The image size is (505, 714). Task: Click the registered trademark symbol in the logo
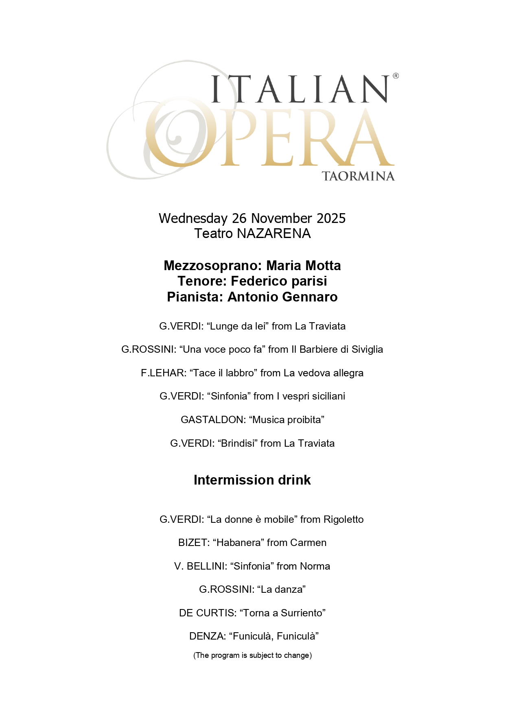(x=396, y=76)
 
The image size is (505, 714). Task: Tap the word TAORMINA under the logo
(x=358, y=176)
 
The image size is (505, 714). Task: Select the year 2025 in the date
(x=331, y=218)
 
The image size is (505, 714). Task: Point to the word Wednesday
(x=193, y=218)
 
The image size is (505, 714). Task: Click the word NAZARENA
(x=273, y=234)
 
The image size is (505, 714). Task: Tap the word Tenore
(x=201, y=281)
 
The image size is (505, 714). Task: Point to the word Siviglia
(x=367, y=349)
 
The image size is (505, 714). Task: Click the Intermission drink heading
(x=252, y=480)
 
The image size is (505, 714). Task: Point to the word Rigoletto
(x=343, y=520)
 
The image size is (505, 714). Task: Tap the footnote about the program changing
(x=252, y=655)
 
